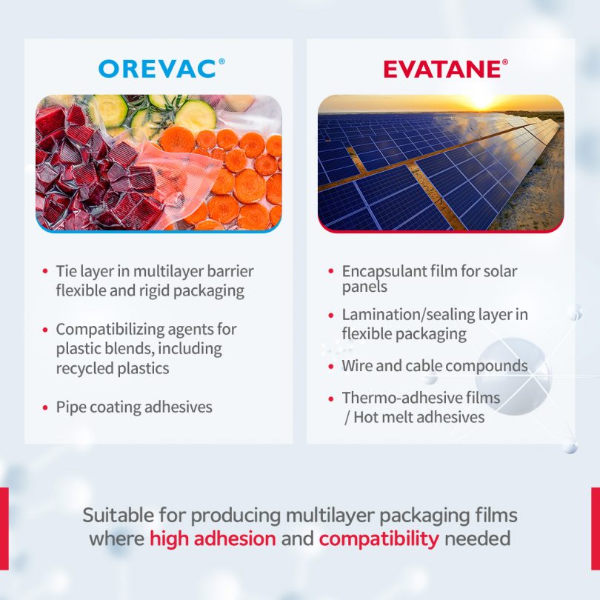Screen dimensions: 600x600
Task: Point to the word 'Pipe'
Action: (x=70, y=407)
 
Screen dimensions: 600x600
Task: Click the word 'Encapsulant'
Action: (x=384, y=271)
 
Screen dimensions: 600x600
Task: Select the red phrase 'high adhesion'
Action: (x=213, y=539)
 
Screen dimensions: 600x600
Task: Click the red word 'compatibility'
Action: (x=379, y=539)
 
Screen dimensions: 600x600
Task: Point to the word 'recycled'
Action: (x=84, y=368)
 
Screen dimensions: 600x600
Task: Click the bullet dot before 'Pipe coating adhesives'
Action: (x=45, y=408)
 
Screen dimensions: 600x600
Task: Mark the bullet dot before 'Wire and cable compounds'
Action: (x=331, y=367)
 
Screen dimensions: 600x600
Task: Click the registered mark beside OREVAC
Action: (x=221, y=61)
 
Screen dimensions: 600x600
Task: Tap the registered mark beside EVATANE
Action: (x=505, y=62)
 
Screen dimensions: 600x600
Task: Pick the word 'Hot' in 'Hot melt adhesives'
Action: (x=364, y=418)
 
